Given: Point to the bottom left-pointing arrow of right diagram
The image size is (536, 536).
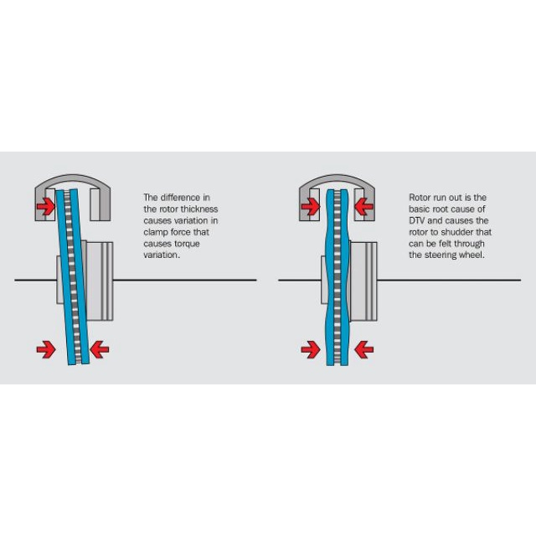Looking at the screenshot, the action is tap(363, 348).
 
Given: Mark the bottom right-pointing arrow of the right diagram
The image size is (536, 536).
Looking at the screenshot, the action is tap(310, 348).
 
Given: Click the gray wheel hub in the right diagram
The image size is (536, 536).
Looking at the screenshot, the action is tap(365, 281).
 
